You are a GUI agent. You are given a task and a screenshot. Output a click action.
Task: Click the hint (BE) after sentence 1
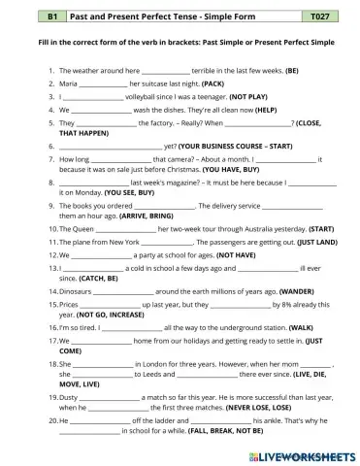pos(292,71)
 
